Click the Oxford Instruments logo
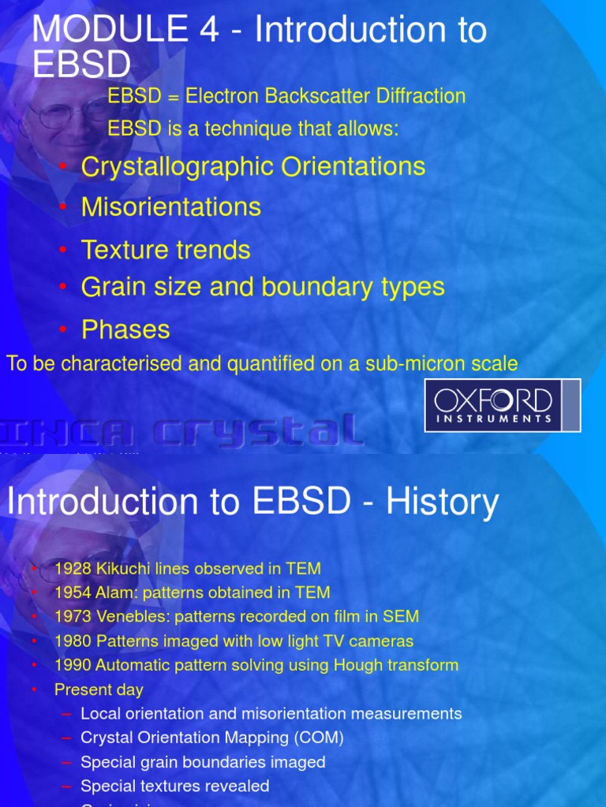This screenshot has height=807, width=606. coord(503,405)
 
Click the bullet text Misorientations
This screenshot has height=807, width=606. coord(170,206)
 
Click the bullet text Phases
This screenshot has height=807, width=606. coord(125,329)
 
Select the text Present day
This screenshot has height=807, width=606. coord(99,690)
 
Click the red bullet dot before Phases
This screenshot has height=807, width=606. coord(64,329)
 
